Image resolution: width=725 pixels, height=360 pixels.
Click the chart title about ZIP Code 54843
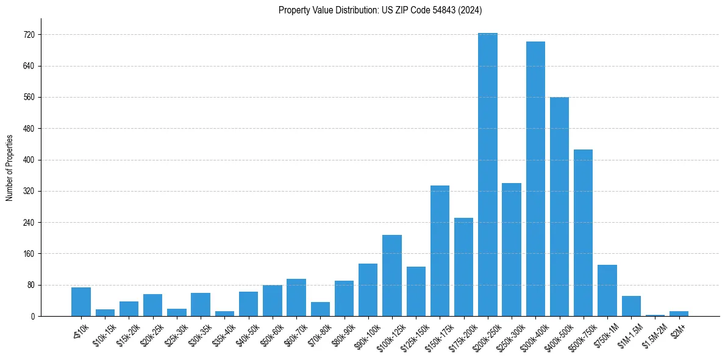click(380, 10)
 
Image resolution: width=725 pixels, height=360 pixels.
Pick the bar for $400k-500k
click(559, 207)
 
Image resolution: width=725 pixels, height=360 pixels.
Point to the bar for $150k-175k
click(440, 251)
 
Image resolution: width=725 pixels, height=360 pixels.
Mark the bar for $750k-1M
click(607, 290)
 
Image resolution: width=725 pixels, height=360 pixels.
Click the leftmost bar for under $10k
click(81, 302)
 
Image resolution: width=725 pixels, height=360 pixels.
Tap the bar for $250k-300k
click(512, 250)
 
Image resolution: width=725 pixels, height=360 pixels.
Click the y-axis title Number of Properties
click(10, 167)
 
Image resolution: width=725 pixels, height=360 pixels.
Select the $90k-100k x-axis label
click(366, 334)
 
